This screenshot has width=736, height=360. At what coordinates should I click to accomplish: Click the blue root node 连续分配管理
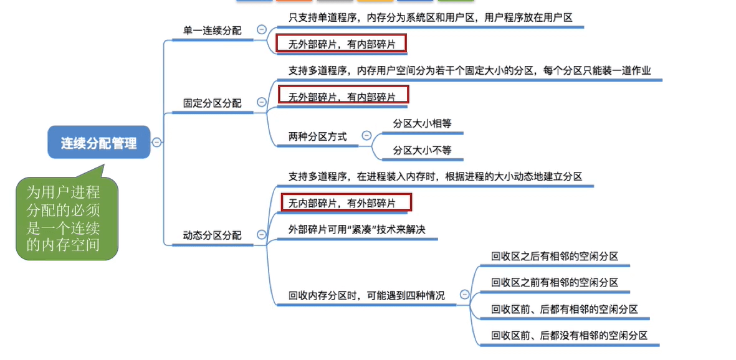[x=98, y=143]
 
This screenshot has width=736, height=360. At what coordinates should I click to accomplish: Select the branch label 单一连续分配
[x=212, y=30]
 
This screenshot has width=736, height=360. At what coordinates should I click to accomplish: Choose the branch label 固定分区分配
[x=212, y=103]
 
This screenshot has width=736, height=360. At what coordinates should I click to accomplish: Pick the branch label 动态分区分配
[x=212, y=235]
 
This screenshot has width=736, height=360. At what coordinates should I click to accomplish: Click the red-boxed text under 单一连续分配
[x=342, y=44]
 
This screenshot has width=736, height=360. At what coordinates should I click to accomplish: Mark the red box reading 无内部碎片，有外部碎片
[x=346, y=203]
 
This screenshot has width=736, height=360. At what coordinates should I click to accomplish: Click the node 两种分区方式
[x=317, y=136]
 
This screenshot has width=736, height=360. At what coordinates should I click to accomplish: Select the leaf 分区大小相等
[x=422, y=123]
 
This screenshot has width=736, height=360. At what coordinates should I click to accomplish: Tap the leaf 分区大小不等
[x=422, y=149]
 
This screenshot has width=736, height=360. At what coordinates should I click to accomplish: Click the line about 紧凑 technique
[x=356, y=229]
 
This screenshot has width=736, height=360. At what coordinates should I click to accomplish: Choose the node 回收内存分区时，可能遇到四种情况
[x=366, y=295]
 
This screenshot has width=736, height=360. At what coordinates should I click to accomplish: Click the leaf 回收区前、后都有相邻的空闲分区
[x=565, y=309]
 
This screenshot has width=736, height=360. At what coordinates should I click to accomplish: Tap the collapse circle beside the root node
[x=156, y=143]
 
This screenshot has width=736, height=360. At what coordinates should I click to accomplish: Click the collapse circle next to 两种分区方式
[x=366, y=135]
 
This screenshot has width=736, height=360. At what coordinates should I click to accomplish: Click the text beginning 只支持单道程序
[x=430, y=17]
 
